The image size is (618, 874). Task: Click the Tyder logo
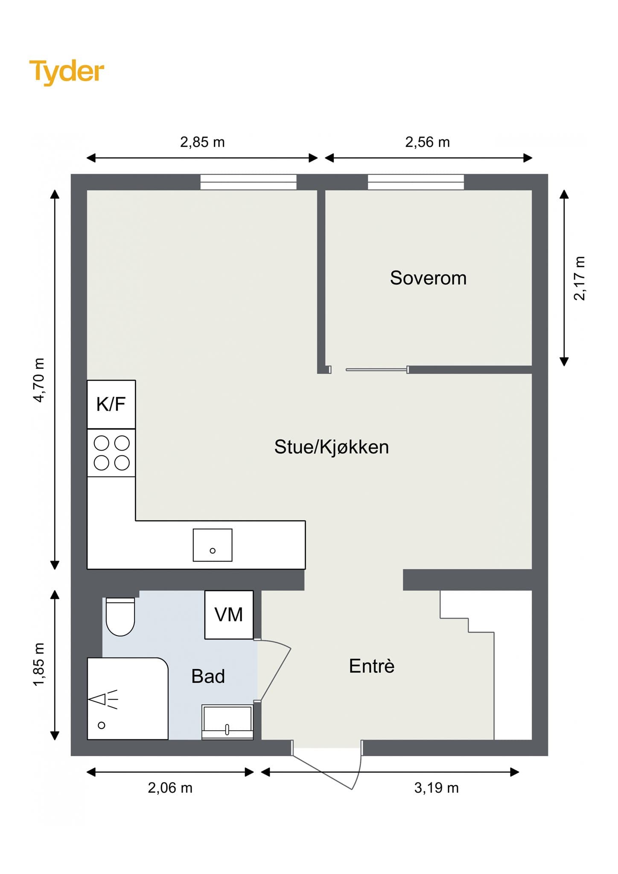point(67,72)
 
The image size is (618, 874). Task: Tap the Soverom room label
point(428,278)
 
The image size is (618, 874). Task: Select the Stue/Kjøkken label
point(332,447)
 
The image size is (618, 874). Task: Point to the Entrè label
point(372,666)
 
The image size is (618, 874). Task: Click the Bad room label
point(208,676)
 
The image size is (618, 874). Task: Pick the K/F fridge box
point(111,404)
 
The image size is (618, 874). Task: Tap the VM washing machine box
point(229,615)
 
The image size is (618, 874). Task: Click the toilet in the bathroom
point(120,617)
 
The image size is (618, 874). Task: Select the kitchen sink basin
point(213,545)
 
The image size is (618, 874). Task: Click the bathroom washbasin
point(227,722)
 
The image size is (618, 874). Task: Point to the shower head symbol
point(103,699)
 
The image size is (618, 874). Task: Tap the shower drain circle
point(102,725)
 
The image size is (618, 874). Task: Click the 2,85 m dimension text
point(202,142)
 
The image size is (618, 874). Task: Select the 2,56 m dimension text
point(427,142)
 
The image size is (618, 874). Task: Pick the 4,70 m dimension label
point(38,380)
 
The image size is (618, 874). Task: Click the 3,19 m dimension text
point(436,788)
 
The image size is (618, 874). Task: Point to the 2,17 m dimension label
point(580,278)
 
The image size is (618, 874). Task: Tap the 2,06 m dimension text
point(170,788)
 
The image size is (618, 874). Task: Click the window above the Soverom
point(416,182)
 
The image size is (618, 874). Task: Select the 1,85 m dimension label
point(38,664)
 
